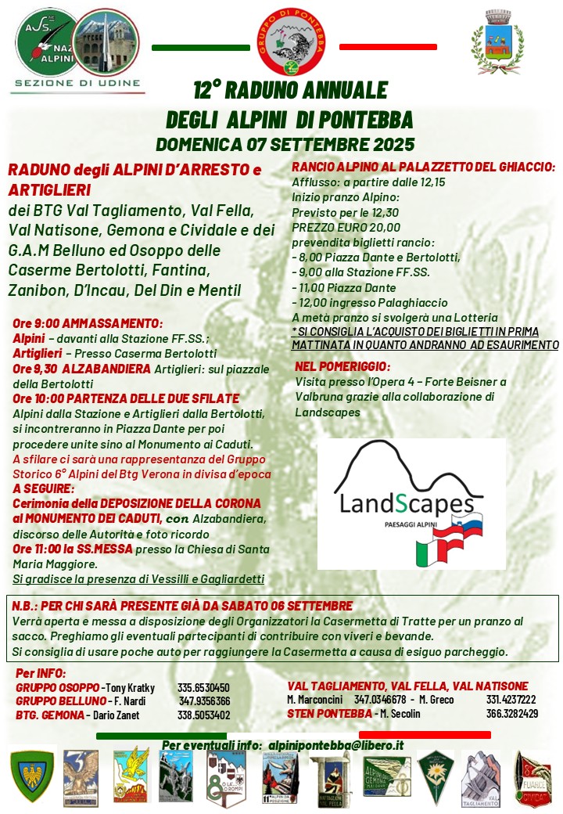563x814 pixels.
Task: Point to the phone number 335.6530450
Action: (x=203, y=688)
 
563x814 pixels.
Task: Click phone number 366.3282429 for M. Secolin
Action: (x=511, y=713)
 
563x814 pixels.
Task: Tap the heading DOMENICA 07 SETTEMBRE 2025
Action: (x=285, y=145)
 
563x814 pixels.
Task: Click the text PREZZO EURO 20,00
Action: (x=335, y=226)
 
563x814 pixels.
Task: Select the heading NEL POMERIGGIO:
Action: (x=342, y=366)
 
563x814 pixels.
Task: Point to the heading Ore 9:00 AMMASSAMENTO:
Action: (x=88, y=323)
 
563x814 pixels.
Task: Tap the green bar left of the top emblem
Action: (x=200, y=48)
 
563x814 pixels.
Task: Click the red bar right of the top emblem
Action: (x=388, y=48)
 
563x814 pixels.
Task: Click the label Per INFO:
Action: (x=41, y=673)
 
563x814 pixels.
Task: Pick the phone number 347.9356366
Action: (x=204, y=701)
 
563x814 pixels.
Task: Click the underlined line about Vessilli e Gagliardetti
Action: (x=138, y=578)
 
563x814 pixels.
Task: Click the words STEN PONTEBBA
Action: (x=329, y=713)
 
